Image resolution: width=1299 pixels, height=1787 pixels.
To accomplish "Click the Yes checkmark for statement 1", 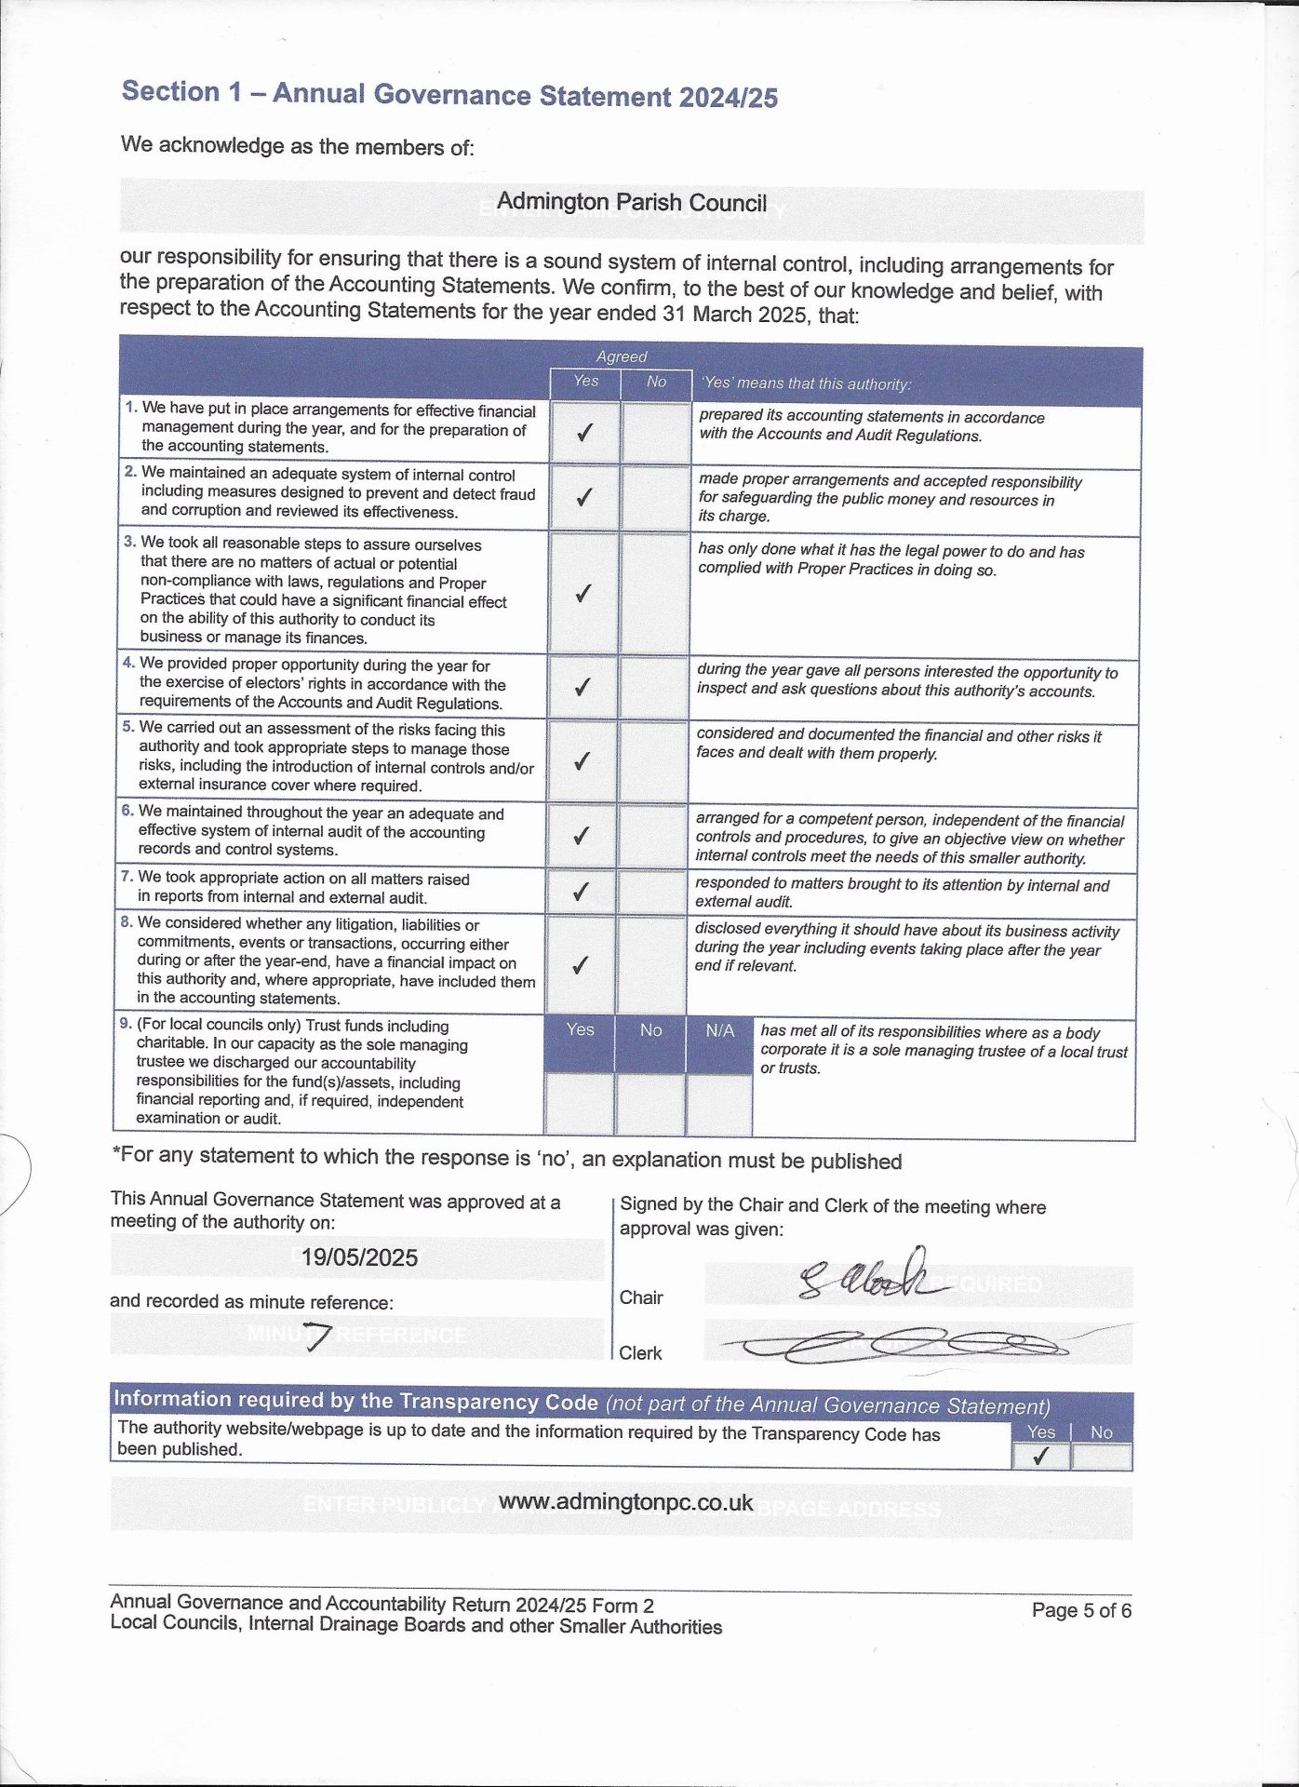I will point(584,433).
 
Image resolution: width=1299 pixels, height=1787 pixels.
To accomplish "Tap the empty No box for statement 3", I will point(654,593).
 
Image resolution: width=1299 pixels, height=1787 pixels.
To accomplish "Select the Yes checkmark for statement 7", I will point(581,892).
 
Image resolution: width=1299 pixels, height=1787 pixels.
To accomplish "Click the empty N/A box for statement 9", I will point(719,1105).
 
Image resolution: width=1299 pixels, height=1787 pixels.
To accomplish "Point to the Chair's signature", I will point(865,1277).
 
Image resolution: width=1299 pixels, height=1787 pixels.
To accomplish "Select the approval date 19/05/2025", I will point(359,1257).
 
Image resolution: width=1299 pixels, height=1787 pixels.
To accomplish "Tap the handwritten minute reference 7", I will point(316,1337).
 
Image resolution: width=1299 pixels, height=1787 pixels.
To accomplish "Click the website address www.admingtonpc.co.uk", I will point(625,1502).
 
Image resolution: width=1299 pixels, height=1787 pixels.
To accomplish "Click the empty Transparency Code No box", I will point(1102,1457).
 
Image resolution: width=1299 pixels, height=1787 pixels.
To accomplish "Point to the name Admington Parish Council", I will point(632,203).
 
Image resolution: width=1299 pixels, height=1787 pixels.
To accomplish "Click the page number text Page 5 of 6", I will point(1081,1610).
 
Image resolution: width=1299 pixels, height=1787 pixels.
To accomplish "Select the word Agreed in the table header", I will point(622,356).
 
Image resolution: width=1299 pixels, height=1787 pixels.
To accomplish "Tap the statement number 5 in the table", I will point(128,727).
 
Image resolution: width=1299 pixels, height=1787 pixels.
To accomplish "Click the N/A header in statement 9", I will point(719,1031).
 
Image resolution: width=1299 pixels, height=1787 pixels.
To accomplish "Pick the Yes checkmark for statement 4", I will point(583,687).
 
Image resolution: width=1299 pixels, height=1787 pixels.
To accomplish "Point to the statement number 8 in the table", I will point(127,922).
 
